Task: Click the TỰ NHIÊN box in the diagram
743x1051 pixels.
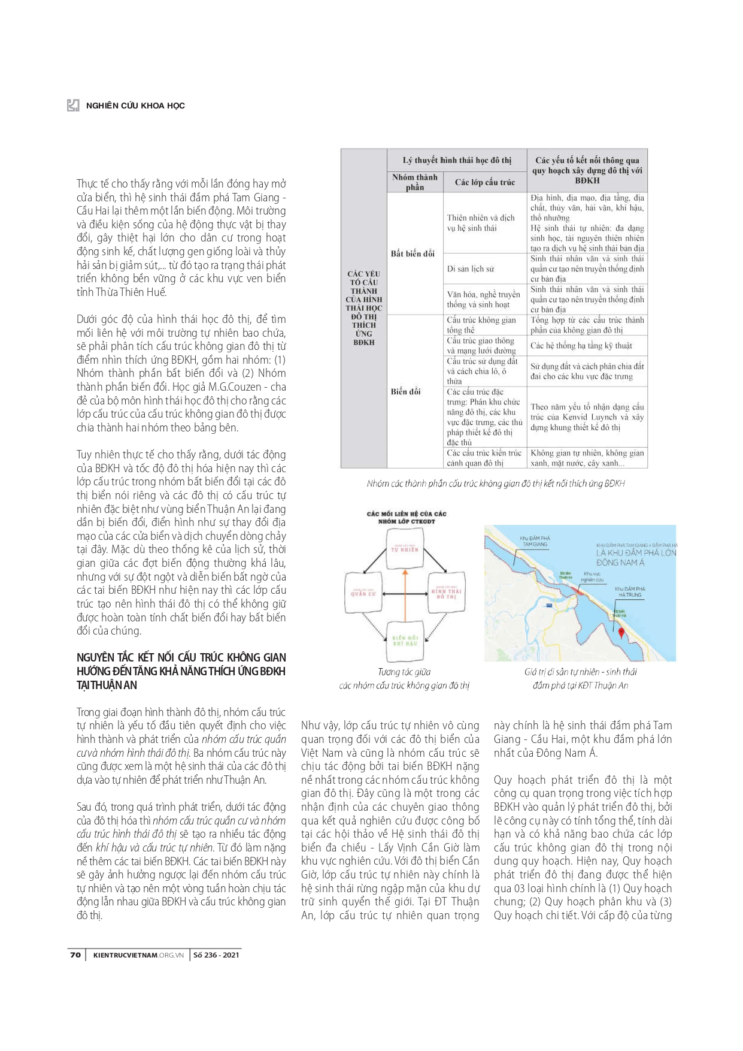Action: tap(405, 549)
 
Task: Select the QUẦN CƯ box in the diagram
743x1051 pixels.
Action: tap(363, 593)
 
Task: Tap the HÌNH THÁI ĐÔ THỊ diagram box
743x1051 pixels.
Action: tap(446, 593)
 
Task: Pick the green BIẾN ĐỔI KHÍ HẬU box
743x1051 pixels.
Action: tap(405, 640)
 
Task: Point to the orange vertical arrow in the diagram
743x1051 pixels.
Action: tap(405, 599)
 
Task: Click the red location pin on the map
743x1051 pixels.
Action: tap(621, 633)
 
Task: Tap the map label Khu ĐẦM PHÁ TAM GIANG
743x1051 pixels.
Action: tap(535, 541)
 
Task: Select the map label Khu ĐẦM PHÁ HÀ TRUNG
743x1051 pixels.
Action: tap(630, 591)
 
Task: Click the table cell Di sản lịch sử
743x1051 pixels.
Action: tap(471, 269)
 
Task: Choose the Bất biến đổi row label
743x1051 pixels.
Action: tap(413, 253)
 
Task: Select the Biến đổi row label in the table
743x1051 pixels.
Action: tap(406, 391)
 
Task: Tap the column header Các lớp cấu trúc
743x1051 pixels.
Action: tap(485, 182)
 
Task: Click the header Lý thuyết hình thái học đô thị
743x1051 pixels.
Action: tap(457, 160)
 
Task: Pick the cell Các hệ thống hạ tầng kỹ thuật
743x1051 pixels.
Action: tap(581, 346)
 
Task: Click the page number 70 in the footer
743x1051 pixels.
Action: tap(75, 955)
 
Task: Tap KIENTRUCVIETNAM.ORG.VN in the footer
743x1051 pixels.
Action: tap(138, 955)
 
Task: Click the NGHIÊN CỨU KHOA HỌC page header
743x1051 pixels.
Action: tap(135, 105)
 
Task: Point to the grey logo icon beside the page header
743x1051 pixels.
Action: tap(73, 105)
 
